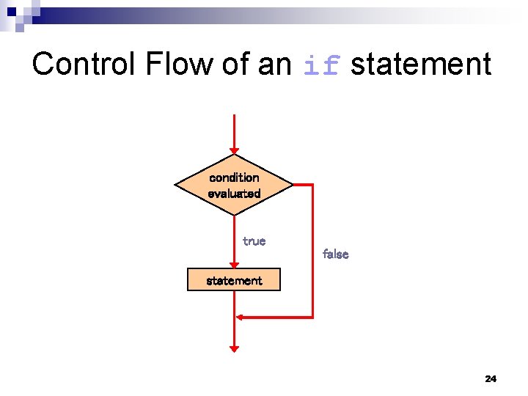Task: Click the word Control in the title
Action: [84, 64]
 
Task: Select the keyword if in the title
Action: [322, 65]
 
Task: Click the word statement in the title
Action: [421, 64]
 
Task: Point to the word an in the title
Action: [275, 64]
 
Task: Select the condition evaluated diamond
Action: [234, 185]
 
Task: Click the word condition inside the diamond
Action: [234, 177]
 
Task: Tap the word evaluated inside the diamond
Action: [234, 194]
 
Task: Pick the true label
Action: [254, 241]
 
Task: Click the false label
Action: [335, 254]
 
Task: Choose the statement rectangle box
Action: [234, 280]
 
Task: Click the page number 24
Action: [491, 378]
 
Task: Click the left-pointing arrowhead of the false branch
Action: [240, 317]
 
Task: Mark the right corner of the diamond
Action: [292, 185]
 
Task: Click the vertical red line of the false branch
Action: [312, 249]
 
